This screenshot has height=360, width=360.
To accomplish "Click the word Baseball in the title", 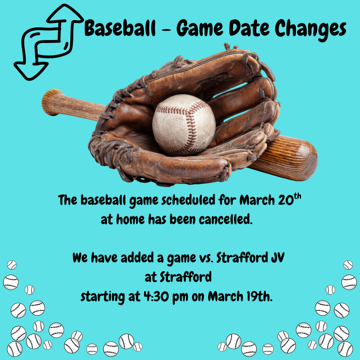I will click(120, 29).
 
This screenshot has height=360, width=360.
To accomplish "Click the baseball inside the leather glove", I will click(184, 124).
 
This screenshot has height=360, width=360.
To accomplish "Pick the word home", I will click(130, 220).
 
